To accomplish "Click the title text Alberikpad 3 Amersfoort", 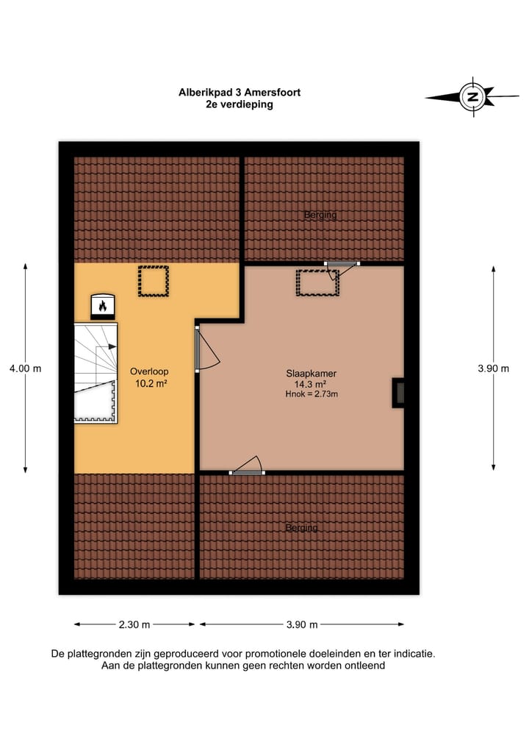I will [x=240, y=93].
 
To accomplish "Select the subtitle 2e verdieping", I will [x=240, y=104].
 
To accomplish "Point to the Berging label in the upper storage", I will [x=320, y=215].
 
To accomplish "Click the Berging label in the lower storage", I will [x=301, y=527].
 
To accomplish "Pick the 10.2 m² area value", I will [x=147, y=383].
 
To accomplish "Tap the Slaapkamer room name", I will [x=306, y=373].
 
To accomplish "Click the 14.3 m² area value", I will [x=306, y=384].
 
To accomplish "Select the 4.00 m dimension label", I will [x=25, y=368].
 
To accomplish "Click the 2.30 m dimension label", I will [x=134, y=624].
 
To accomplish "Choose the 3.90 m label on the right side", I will [x=493, y=368].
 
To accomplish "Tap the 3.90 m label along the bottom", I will [x=301, y=624].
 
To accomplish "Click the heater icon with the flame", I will [x=102, y=305].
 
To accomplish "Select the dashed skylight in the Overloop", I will [x=153, y=281].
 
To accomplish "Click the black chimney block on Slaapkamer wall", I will [x=398, y=393].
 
